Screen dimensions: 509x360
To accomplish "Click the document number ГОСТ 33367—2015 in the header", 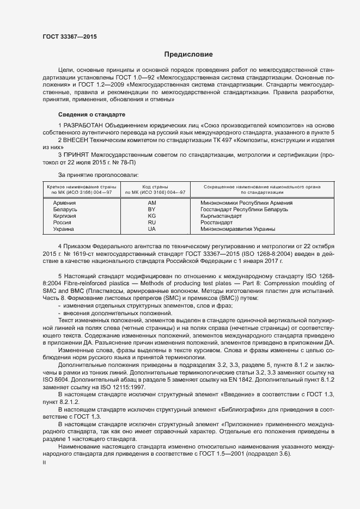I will (71, 37).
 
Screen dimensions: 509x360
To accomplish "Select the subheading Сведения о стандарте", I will (91, 115).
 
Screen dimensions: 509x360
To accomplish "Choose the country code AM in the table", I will (152, 203).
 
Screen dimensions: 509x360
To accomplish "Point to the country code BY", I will (152, 209).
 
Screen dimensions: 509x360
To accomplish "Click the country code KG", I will (152, 216).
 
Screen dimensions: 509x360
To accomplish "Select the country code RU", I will (152, 222).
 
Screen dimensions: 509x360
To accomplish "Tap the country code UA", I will (152, 229).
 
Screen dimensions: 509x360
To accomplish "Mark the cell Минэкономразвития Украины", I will (238, 229).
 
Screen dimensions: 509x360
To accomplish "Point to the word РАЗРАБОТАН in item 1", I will (84, 126).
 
